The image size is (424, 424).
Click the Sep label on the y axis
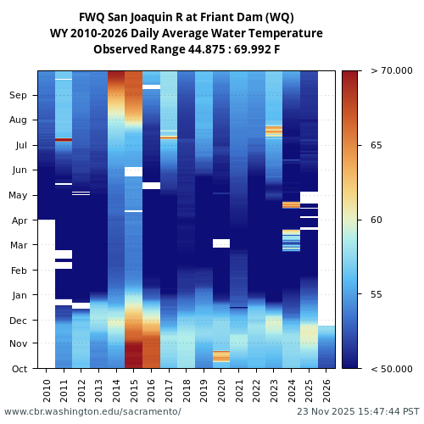coord(18,95)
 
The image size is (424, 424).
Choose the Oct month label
coord(19,368)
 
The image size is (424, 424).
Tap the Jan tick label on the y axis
coord(19,295)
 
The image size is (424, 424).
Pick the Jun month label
coord(19,170)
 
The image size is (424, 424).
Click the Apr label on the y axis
coord(19,220)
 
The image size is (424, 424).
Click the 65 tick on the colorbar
coord(375,145)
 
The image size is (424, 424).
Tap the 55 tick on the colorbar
coord(375,294)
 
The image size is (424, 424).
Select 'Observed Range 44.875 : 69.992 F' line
coord(187,49)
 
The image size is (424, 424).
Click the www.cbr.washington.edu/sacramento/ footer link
coord(92,411)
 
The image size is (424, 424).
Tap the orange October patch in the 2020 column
coord(221,356)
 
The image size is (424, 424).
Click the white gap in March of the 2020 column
coord(221,243)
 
